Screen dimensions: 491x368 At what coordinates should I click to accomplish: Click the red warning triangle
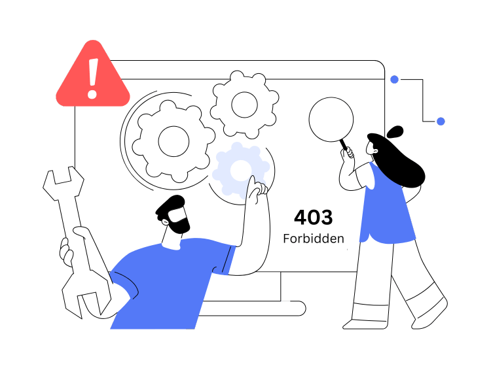tap(93, 75)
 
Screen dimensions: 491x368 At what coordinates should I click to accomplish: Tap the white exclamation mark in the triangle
tap(93, 78)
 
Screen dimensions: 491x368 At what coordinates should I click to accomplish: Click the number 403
tap(313, 217)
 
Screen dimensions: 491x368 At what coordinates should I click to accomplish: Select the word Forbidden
tap(314, 239)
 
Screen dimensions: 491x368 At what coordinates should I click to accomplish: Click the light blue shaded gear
tap(240, 170)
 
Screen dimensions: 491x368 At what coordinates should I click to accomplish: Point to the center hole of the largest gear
tap(173, 141)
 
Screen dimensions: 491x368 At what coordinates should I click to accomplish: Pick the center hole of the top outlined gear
tap(245, 105)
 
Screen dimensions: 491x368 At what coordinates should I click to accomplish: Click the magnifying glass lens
tap(331, 120)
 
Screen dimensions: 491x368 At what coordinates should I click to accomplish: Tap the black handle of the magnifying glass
tap(344, 144)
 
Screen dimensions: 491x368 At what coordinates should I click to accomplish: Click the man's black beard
tap(180, 223)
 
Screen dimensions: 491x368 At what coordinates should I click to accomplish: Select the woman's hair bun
tap(395, 132)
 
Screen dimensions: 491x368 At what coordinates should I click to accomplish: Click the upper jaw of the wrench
tap(64, 182)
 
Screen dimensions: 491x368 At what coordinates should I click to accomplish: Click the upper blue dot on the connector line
tap(394, 79)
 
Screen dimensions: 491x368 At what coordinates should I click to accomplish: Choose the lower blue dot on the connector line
tap(441, 122)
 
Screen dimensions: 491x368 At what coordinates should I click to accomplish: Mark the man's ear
tap(165, 222)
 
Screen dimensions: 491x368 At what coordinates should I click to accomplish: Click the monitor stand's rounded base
tap(252, 309)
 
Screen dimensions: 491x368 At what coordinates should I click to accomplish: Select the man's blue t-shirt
tap(171, 283)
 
